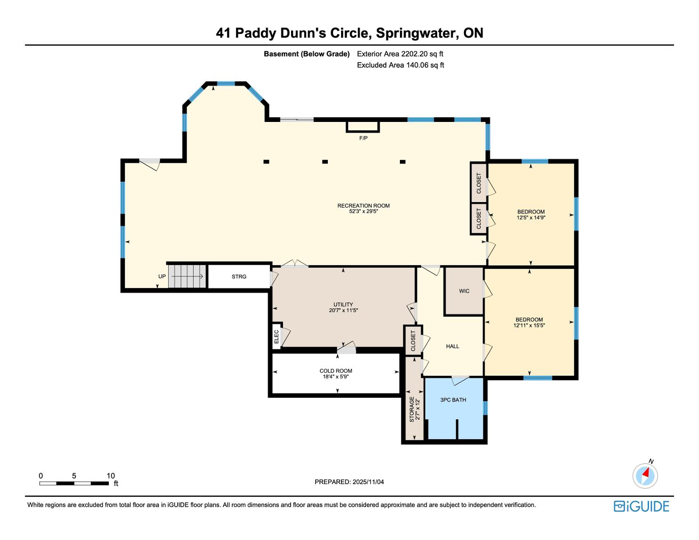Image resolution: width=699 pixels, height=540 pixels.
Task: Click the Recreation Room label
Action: pyautogui.click(x=363, y=206)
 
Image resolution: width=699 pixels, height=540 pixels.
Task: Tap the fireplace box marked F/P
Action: pyautogui.click(x=363, y=127)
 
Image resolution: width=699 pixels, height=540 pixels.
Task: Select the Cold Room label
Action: pyautogui.click(x=336, y=371)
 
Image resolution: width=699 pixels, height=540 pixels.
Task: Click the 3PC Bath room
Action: pyautogui.click(x=454, y=408)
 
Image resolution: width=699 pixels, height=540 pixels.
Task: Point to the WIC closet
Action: pyautogui.click(x=464, y=291)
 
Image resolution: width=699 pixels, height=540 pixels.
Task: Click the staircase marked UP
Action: pyautogui.click(x=187, y=276)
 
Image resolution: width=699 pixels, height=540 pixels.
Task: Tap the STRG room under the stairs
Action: pyautogui.click(x=239, y=276)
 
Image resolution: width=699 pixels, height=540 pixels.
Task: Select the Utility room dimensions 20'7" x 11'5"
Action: pyautogui.click(x=343, y=311)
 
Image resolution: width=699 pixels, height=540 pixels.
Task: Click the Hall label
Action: pyautogui.click(x=452, y=347)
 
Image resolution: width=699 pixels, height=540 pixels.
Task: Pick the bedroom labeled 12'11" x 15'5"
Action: pyautogui.click(x=529, y=322)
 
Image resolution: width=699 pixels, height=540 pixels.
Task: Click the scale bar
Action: pyautogui.click(x=74, y=484)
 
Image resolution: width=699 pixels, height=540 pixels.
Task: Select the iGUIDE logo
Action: pyautogui.click(x=642, y=506)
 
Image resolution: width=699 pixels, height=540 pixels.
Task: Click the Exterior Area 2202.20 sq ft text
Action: pyautogui.click(x=400, y=54)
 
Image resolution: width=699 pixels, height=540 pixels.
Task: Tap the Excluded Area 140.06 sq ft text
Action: pyautogui.click(x=400, y=65)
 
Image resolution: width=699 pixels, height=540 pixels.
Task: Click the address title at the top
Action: pyautogui.click(x=349, y=33)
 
